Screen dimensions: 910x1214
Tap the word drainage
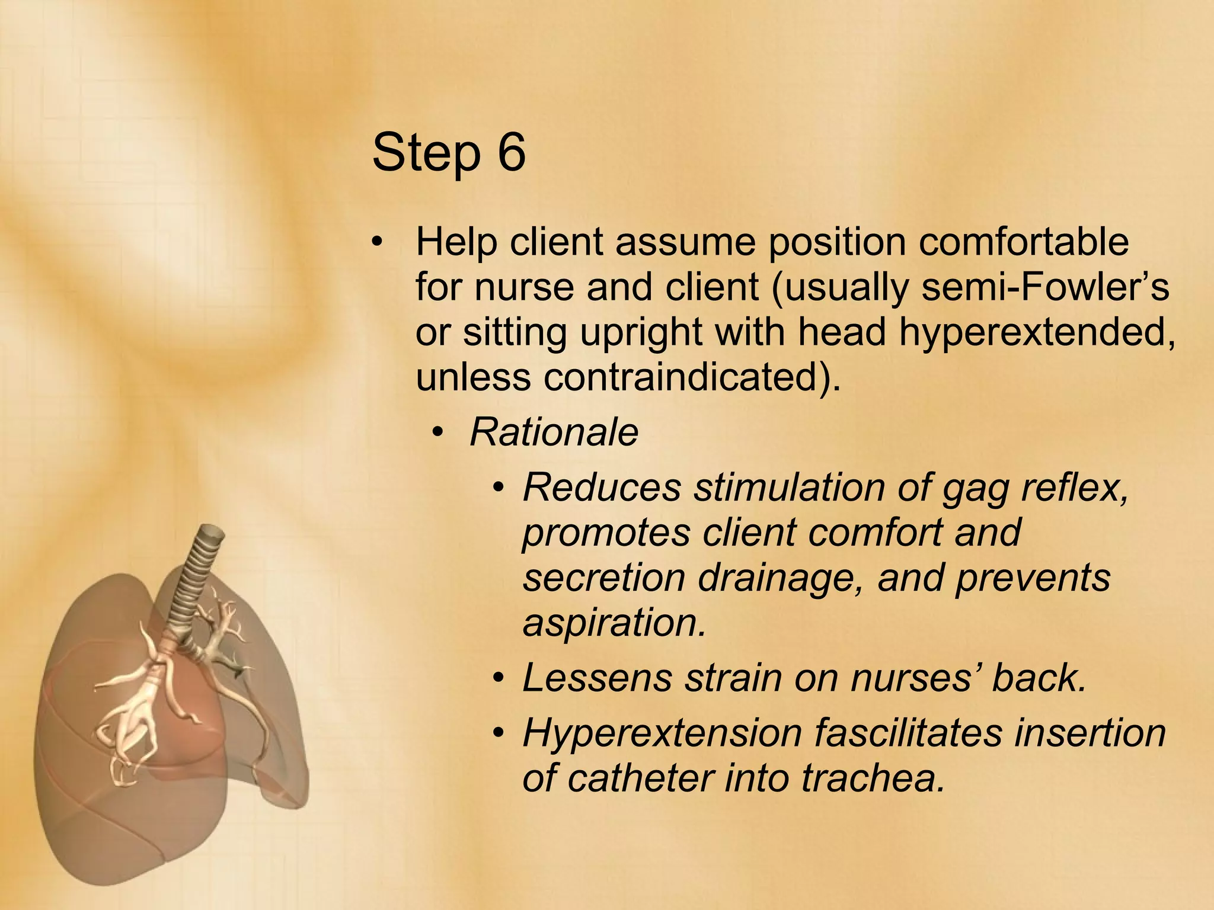point(780,578)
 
